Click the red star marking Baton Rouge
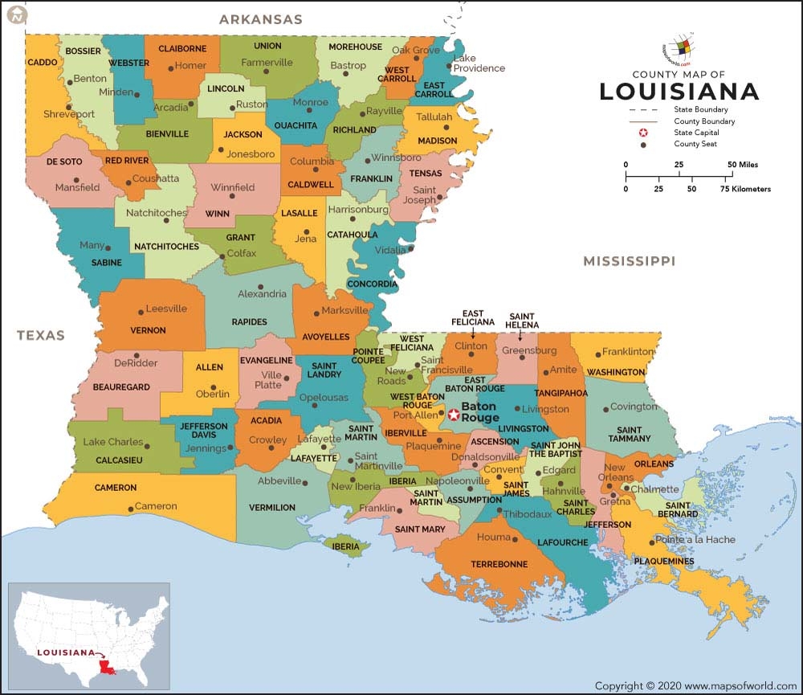click(x=453, y=415)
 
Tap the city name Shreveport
click(x=68, y=114)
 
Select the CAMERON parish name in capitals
click(x=116, y=488)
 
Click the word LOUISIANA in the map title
click(x=679, y=92)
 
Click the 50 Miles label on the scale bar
click(x=744, y=165)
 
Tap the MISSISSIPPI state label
click(x=629, y=261)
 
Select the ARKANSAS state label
click(x=260, y=19)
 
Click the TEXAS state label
click(x=40, y=335)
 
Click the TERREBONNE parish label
click(x=499, y=564)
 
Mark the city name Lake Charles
click(x=113, y=442)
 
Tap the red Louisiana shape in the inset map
click(x=104, y=667)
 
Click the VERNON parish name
click(x=148, y=330)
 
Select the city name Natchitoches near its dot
click(x=157, y=213)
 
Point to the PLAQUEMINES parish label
click(x=663, y=561)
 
